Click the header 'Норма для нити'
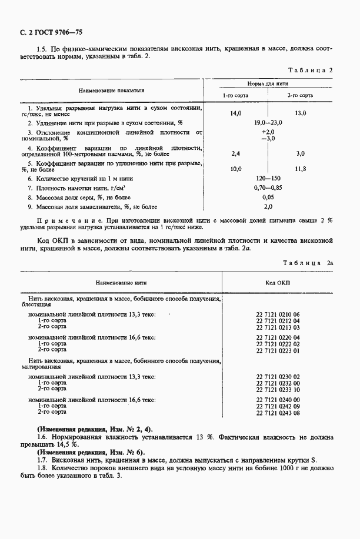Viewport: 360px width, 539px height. (x=268, y=85)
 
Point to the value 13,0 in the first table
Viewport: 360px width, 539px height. (x=300, y=113)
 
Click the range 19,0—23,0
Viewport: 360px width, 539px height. (x=268, y=122)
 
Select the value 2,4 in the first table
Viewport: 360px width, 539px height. (x=235, y=153)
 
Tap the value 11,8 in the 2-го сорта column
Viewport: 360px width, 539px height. (x=300, y=169)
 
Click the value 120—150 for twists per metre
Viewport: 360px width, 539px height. (x=268, y=178)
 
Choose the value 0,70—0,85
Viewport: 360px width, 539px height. (x=268, y=188)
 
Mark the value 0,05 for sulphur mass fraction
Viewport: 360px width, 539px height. (x=268, y=197)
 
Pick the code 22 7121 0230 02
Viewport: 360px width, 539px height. (x=278, y=376)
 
